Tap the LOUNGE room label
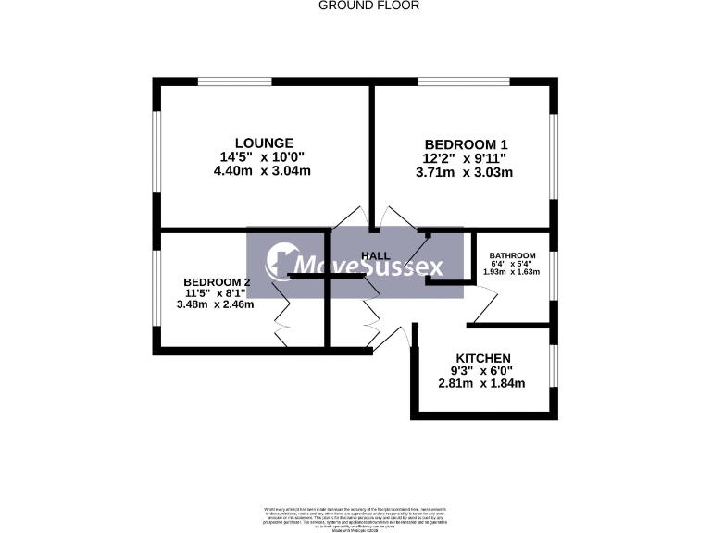click(x=264, y=143)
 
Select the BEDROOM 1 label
click(x=466, y=144)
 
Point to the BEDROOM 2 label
click(x=217, y=282)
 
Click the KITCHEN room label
click(x=483, y=359)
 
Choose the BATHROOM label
click(x=512, y=256)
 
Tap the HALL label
click(x=375, y=255)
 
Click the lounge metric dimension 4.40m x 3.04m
click(x=262, y=170)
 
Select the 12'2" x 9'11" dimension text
click(x=466, y=158)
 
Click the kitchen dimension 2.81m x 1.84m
click(x=482, y=383)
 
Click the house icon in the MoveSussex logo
click(x=280, y=263)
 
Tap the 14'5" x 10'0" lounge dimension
click(x=262, y=156)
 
